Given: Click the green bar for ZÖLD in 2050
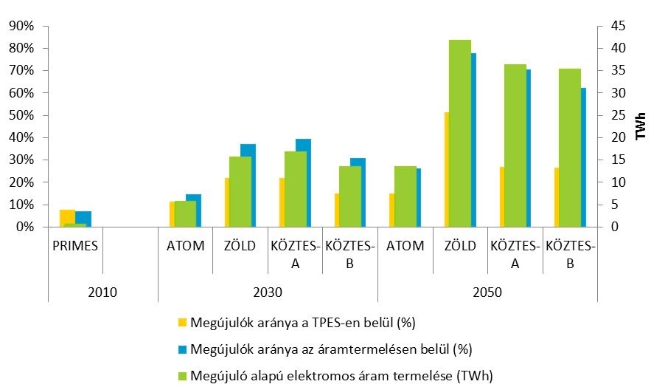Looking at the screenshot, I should point(460,133).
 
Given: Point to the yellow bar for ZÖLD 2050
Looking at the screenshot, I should point(446,170).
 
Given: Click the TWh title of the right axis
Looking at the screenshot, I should point(640,126).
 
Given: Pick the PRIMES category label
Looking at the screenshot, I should point(75,246).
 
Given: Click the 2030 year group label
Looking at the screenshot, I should point(268,292).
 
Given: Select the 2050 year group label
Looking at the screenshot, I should point(487,292).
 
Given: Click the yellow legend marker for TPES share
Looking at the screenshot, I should point(182,322).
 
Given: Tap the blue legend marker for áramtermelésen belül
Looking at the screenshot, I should point(182,349).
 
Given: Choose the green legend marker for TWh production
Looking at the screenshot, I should point(182,376).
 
